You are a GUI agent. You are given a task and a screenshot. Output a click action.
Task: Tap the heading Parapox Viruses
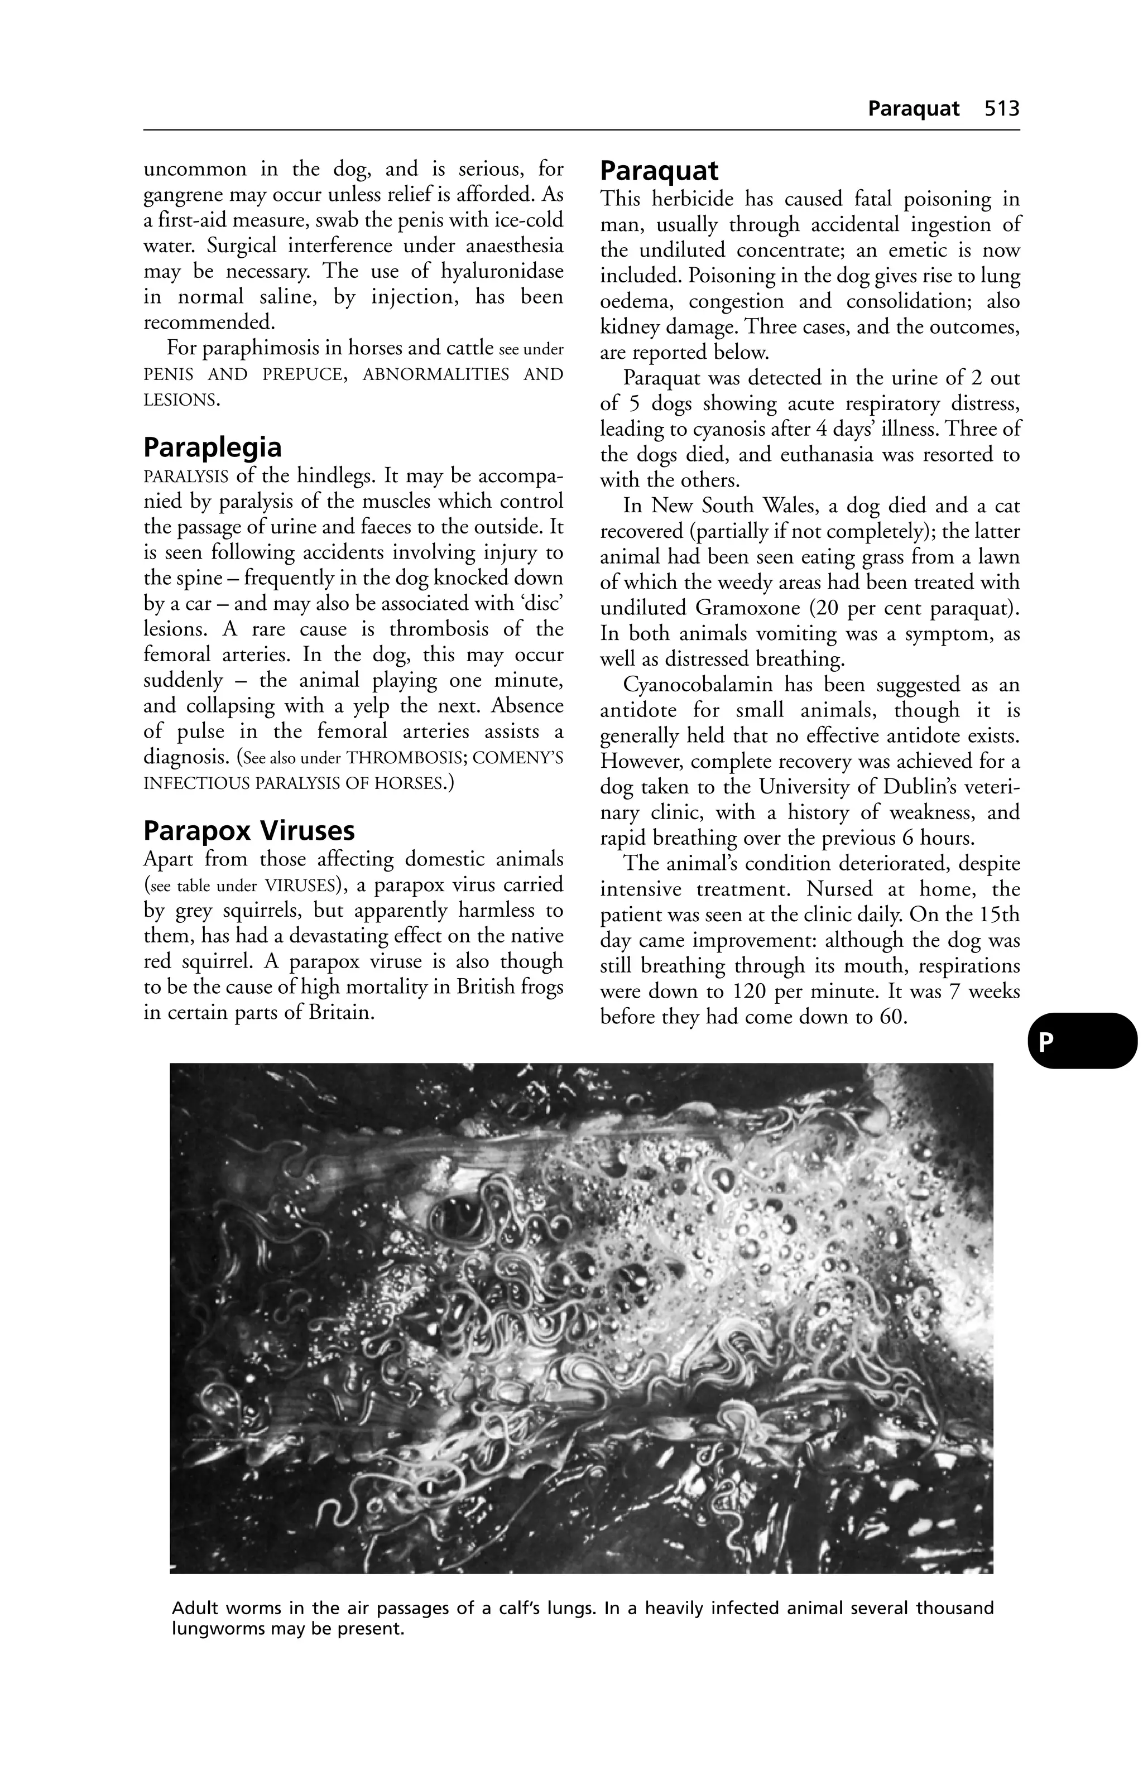coord(249,830)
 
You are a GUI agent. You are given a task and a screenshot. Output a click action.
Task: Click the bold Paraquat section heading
coord(659,171)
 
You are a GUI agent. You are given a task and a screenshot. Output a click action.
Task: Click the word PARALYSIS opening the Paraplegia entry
coord(185,475)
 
